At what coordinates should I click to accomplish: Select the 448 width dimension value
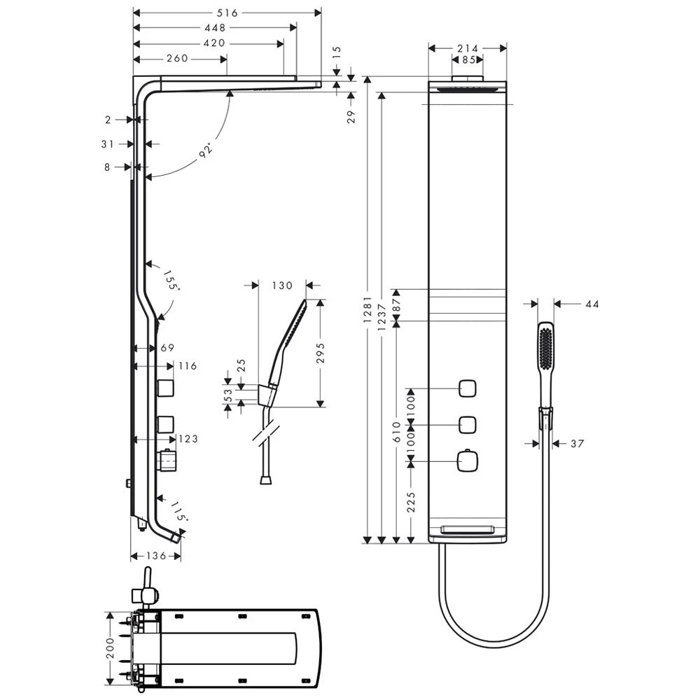[x=214, y=28]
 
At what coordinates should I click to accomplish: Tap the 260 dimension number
[x=178, y=58]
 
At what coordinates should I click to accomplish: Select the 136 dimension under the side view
[x=156, y=555]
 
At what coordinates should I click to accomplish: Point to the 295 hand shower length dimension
[x=321, y=353]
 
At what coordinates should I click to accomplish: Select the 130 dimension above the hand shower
[x=282, y=286]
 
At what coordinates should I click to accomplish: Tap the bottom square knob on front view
[x=467, y=460]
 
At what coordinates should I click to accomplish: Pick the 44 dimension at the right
[x=591, y=304]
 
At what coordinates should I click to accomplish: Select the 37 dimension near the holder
[x=576, y=443]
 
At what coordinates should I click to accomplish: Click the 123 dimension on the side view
[x=187, y=439]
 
